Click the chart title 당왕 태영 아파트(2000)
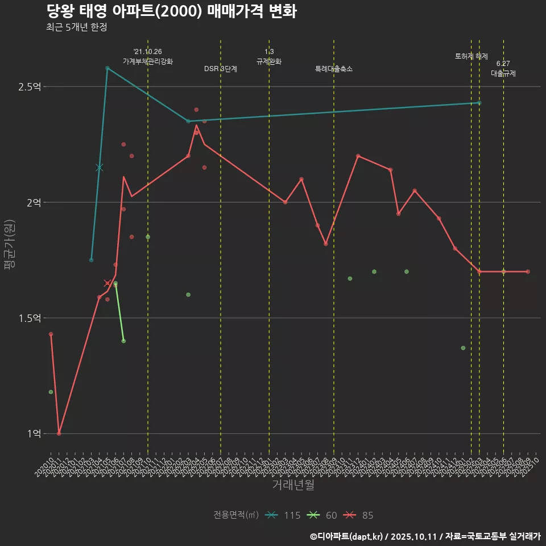pos(171,11)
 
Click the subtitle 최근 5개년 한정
pos(76,27)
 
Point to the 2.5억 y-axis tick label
pos(30,86)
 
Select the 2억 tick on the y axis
pos(34,202)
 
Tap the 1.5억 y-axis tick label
pos(30,318)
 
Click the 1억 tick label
pos(34,433)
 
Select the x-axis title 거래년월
pos(293,485)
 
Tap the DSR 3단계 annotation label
pos(221,69)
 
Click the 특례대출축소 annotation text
pos(334,69)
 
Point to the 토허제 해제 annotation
pos(471,56)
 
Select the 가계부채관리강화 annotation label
pos(148,61)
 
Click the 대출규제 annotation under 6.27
pos(503,73)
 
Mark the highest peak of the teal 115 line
pos(107,68)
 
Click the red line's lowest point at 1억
pos(59,433)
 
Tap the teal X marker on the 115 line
pos(100,167)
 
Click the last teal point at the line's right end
pos(479,103)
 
